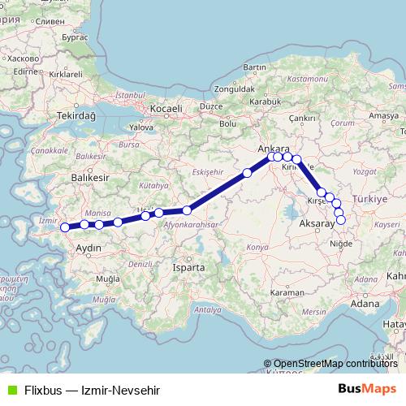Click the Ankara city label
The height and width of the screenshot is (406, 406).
(272, 149)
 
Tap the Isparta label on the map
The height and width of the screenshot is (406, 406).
(190, 266)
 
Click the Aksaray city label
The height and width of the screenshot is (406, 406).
(317, 222)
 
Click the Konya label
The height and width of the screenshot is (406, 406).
(257, 246)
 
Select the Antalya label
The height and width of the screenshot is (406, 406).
(208, 309)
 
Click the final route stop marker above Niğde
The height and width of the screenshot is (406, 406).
(341, 219)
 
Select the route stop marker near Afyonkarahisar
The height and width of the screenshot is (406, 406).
(187, 210)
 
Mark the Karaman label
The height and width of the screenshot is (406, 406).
(287, 292)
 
